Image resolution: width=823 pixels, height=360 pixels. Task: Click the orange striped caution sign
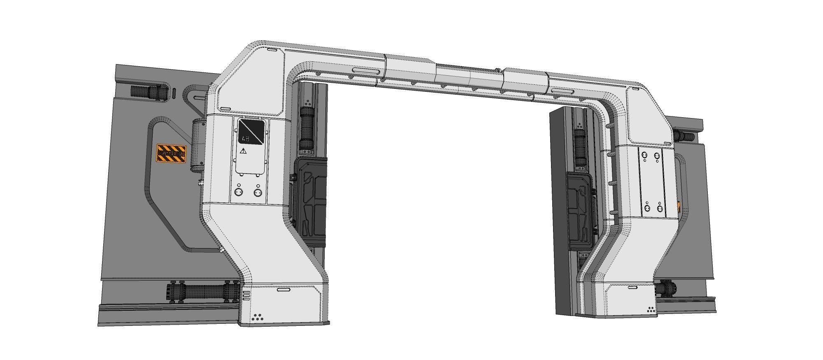pos(171,153)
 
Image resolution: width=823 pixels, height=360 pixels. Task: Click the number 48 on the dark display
pos(246,139)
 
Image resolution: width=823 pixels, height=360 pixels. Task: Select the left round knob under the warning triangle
pos(238,192)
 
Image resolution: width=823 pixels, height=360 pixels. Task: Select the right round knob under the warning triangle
pos(258,192)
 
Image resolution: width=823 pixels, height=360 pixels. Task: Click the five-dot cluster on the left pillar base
pos(258,317)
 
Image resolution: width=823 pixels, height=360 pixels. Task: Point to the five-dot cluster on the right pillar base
pos(651,309)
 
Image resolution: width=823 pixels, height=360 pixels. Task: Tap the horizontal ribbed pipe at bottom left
pos(202,293)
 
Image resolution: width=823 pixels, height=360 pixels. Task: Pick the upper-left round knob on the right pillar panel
pos(644,156)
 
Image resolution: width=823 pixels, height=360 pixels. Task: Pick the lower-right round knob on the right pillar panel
pos(660,209)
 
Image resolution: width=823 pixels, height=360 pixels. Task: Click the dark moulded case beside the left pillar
pos(311,197)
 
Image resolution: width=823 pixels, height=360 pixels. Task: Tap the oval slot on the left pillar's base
pos(283,290)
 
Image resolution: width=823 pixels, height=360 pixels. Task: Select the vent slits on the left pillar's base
pos(246,295)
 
